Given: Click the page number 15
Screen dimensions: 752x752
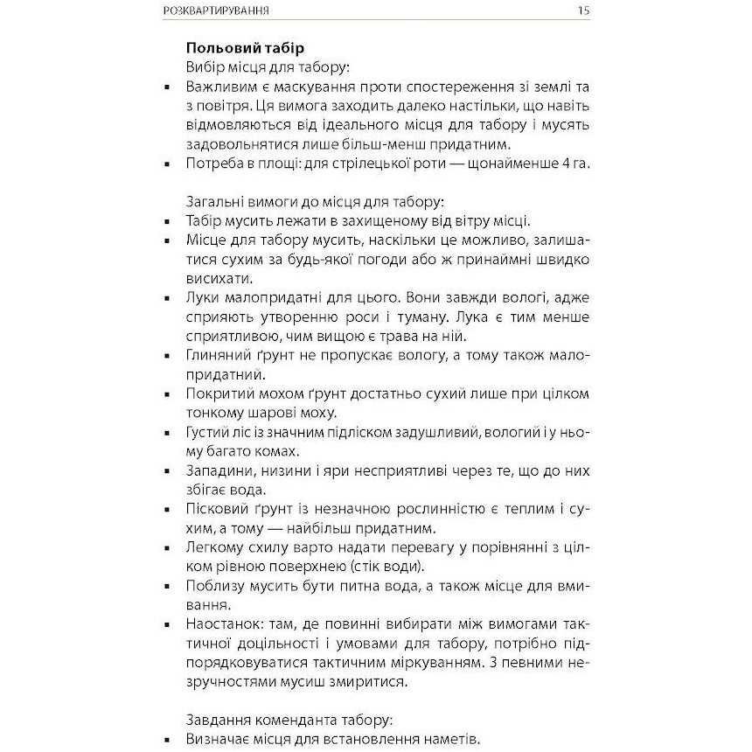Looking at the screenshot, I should pos(583,11).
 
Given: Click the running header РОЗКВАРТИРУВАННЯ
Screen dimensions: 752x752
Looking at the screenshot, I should pos(216,11).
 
